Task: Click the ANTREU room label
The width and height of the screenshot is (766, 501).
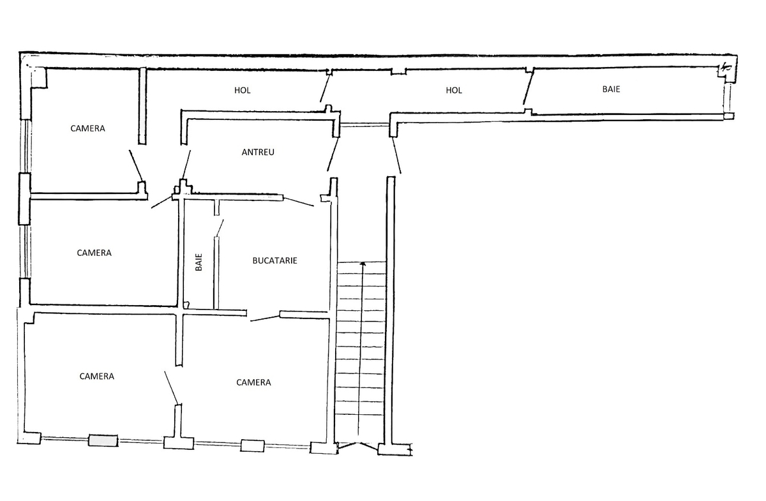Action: pos(258,152)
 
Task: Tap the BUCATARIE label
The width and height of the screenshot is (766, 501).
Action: pos(274,260)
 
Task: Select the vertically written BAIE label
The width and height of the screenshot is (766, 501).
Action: pos(199,262)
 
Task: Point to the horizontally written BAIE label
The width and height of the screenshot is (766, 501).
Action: pos(611,89)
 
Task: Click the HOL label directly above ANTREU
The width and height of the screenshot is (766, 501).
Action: pos(242,90)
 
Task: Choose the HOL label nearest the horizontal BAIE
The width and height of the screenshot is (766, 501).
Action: pos(454,90)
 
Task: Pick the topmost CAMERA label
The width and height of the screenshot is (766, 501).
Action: pos(87,128)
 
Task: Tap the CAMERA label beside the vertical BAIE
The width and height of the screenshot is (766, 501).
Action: pos(94,253)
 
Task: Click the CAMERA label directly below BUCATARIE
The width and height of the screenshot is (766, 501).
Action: pos(253,382)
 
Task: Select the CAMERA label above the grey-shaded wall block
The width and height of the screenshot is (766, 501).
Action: pos(97,377)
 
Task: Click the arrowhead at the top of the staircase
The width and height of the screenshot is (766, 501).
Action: pos(363,264)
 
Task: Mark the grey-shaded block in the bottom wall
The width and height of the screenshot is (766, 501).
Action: pos(103,440)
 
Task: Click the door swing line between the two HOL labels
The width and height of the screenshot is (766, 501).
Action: pos(325,88)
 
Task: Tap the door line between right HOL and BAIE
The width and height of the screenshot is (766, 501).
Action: pos(528,88)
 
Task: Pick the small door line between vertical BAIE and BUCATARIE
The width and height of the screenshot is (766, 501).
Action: pos(220,228)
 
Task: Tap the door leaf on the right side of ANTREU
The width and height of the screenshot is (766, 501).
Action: pos(333,154)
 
